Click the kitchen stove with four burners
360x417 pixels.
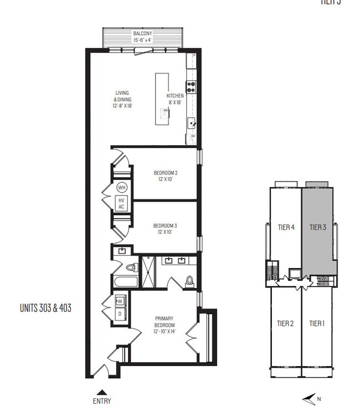[191, 86]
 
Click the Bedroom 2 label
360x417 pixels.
[166, 176]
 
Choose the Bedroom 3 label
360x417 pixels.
[166, 229]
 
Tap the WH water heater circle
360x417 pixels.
[122, 188]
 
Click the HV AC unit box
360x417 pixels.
[122, 203]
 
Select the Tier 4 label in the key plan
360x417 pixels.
[285, 226]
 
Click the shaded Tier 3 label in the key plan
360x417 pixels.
[318, 226]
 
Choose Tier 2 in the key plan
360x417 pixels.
[285, 323]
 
